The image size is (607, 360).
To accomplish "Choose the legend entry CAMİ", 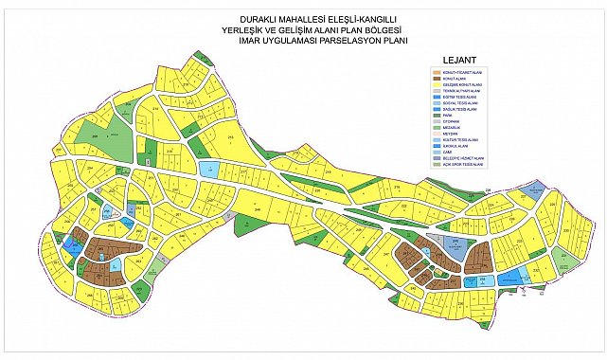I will click(x=444, y=151).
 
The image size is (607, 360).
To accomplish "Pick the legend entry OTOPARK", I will click(x=449, y=122).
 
